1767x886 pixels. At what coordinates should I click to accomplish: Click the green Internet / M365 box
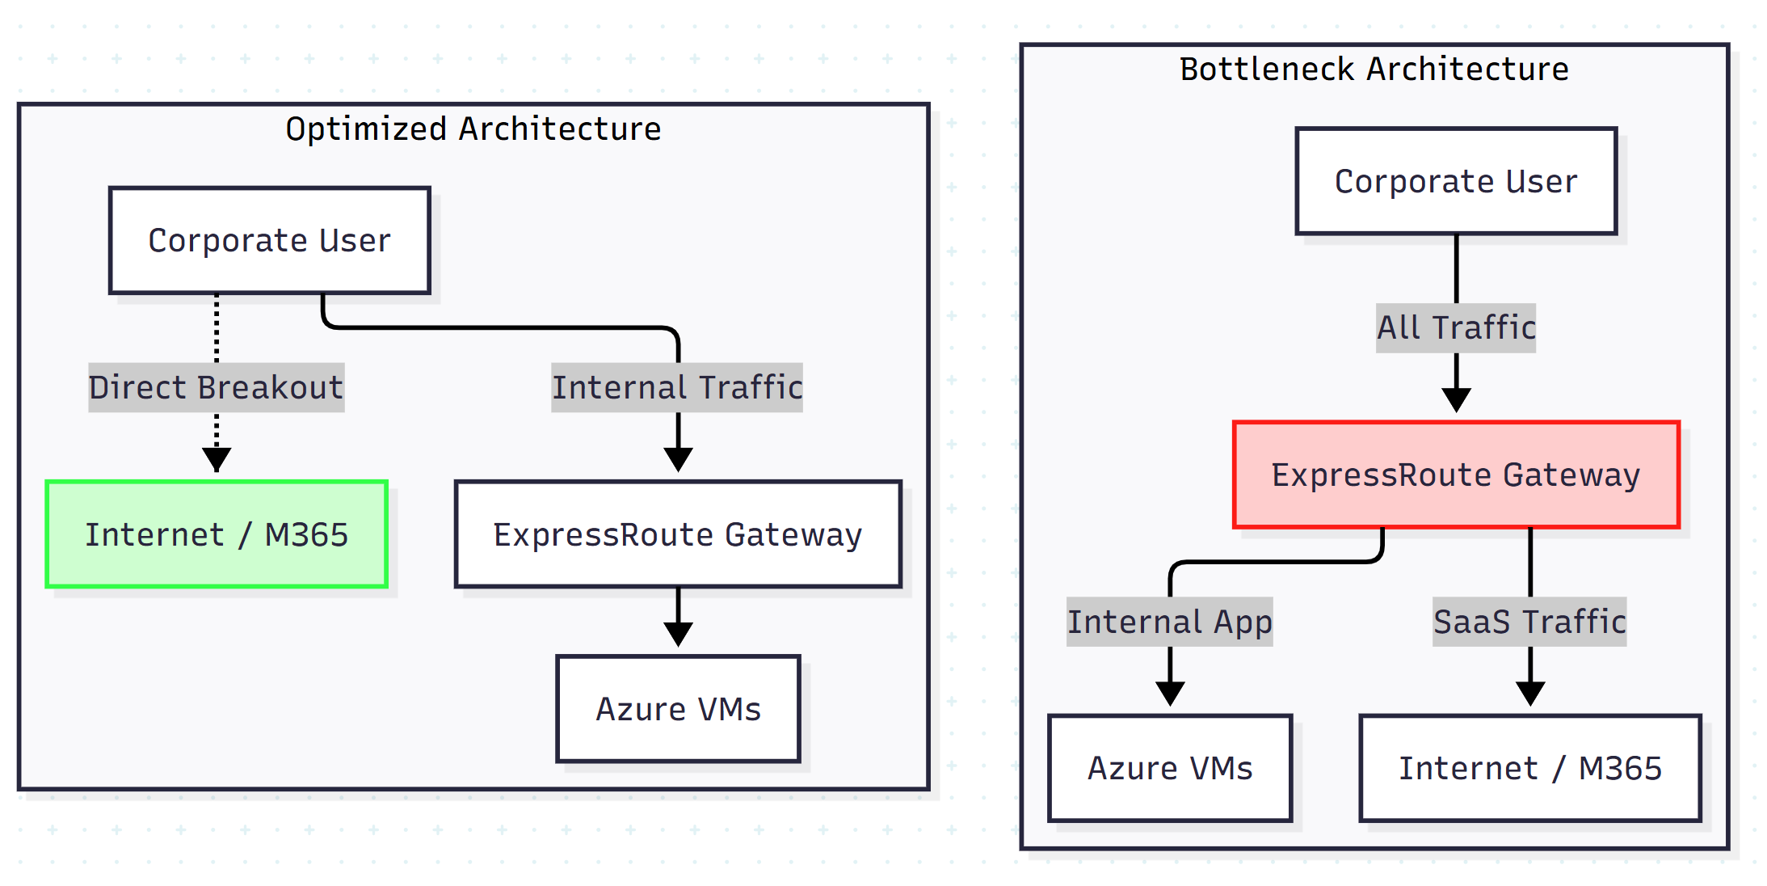click(217, 534)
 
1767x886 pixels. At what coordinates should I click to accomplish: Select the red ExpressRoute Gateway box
click(1455, 475)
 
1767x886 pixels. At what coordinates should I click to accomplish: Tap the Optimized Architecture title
click(473, 129)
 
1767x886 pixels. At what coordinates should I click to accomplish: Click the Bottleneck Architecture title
click(1374, 70)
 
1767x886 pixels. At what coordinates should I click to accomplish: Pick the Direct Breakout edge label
click(216, 387)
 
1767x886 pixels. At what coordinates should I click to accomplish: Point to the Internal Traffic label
click(677, 387)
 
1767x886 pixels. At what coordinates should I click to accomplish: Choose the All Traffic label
click(1456, 327)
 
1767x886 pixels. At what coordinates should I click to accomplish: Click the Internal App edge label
click(1169, 622)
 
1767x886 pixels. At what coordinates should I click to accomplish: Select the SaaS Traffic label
click(1529, 622)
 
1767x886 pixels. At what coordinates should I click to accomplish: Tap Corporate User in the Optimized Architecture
click(269, 241)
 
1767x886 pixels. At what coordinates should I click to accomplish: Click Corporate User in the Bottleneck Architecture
click(1455, 181)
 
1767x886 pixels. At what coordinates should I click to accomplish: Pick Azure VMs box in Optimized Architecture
click(678, 709)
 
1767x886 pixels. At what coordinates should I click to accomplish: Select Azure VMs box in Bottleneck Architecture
click(1169, 768)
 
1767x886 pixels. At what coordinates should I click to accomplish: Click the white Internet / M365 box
click(1529, 768)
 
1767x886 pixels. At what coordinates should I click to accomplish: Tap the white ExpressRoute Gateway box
click(677, 534)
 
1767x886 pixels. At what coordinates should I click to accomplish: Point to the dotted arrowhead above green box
click(217, 459)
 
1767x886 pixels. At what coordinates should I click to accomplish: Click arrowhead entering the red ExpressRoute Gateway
click(1456, 399)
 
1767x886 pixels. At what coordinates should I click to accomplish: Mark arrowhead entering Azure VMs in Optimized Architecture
click(678, 634)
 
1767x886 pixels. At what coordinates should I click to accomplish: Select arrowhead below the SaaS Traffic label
click(1530, 693)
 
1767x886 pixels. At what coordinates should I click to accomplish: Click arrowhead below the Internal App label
click(1170, 693)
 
